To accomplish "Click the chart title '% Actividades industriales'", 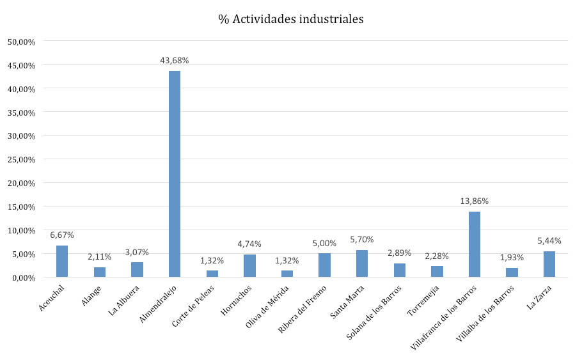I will coord(291,19).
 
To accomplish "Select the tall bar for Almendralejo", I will coord(175,174).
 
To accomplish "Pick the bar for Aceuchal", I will coord(62,262).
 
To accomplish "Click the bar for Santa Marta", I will coord(362,263).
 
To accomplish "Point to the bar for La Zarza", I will coord(549,264).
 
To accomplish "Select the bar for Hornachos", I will coord(249,266).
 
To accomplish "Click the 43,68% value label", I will coord(175,60).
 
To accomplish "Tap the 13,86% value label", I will coord(475,201).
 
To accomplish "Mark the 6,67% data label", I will coord(62,235).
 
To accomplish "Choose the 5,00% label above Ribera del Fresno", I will coord(324,243).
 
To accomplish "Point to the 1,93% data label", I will coord(512,257).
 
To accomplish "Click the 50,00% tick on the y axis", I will coord(21,42).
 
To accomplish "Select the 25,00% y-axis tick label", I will coord(21,159).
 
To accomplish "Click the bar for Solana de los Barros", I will coord(400,270).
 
